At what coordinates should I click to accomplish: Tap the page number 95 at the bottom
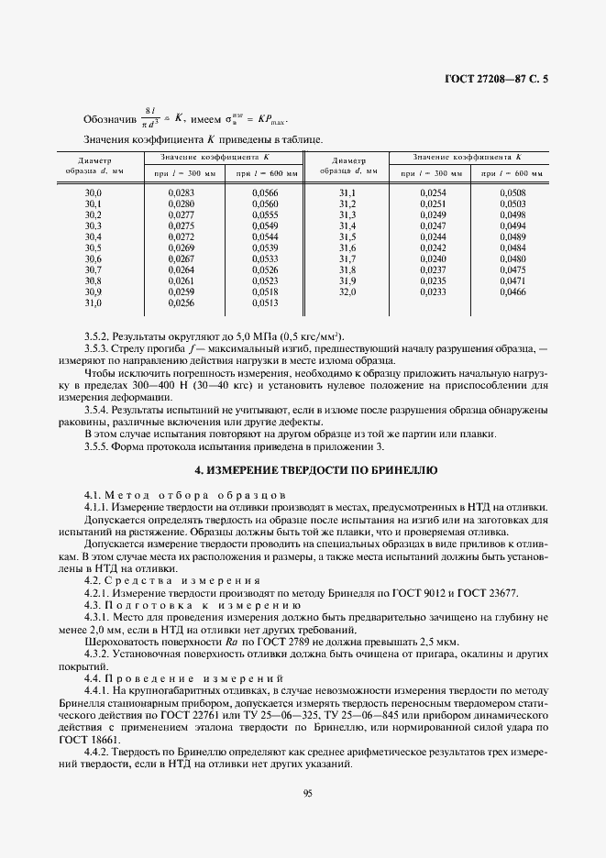pos(307,795)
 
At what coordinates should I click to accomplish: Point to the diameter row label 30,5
pos(93,247)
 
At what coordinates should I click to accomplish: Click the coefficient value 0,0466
pos(513,291)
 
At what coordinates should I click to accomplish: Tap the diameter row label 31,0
pos(93,302)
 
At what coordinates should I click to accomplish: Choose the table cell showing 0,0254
pos(432,192)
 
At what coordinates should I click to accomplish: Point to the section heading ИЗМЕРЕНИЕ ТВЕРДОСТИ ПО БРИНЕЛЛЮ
pos(317,469)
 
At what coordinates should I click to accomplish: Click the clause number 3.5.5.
pos(96,446)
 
